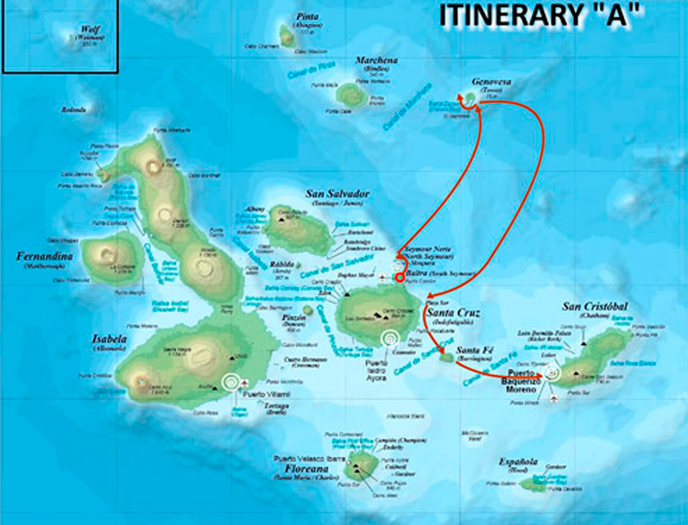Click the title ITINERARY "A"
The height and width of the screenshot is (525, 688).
click(x=534, y=16)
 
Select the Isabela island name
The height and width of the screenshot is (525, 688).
click(x=108, y=339)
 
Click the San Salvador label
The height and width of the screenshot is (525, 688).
click(x=338, y=194)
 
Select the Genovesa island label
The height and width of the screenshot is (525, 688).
click(x=491, y=83)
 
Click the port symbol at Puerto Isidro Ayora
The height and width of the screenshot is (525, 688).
click(x=389, y=338)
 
